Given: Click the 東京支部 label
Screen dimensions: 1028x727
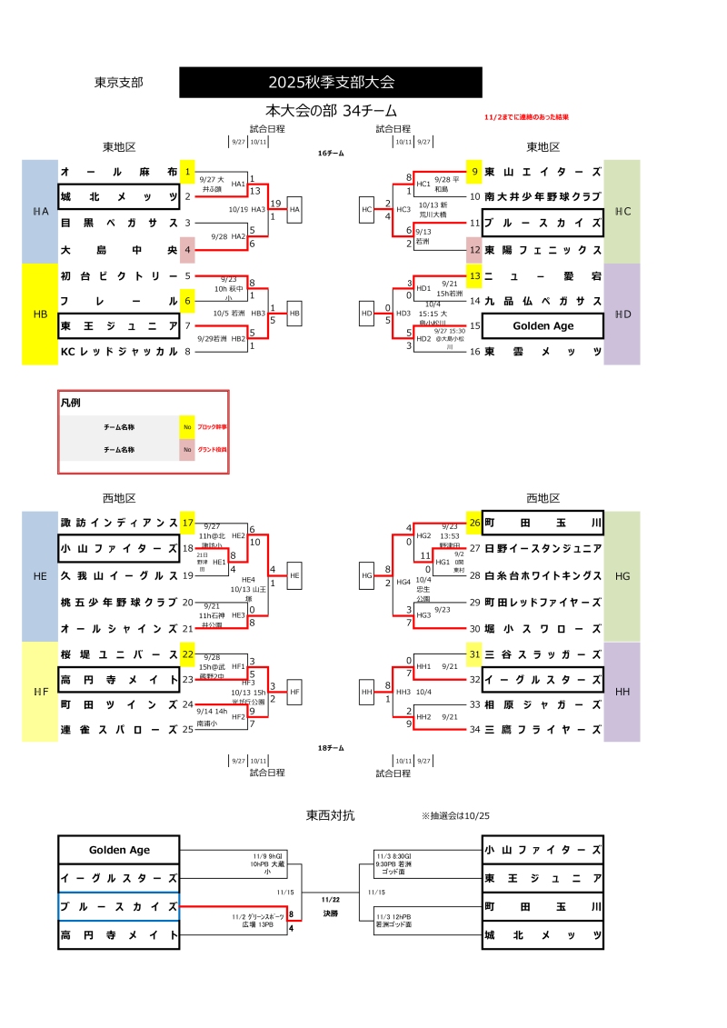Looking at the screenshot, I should tap(119, 83).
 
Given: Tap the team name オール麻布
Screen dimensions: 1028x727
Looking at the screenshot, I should tap(119, 172).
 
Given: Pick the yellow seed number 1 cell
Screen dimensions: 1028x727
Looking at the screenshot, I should tap(188, 172).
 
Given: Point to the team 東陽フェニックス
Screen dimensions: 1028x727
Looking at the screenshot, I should tap(543, 249).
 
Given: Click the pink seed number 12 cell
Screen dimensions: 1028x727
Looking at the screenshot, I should tap(474, 249).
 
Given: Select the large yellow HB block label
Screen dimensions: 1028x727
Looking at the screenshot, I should tap(40, 314).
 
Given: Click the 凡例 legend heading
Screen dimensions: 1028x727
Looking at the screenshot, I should tap(73, 403).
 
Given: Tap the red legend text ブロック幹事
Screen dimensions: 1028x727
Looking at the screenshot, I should tap(213, 425).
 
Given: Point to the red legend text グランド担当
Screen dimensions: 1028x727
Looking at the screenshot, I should tap(213, 449).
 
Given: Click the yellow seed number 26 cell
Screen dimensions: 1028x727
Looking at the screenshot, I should tap(474, 523).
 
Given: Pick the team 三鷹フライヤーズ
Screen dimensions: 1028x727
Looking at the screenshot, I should tap(543, 730).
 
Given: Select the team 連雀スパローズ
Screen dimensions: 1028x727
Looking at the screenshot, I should tap(119, 730).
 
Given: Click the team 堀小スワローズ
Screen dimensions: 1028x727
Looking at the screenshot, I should tap(543, 628).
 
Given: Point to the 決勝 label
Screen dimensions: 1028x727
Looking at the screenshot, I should tap(330, 913).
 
